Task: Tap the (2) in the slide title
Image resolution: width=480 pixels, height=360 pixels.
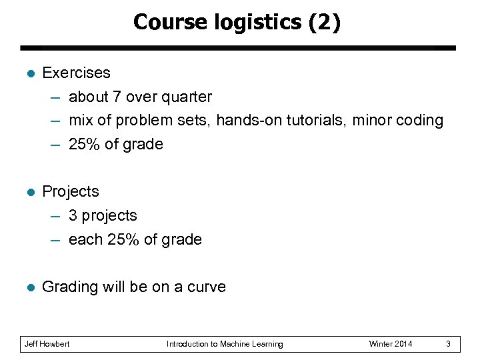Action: point(324,23)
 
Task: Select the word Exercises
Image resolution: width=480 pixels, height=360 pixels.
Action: point(76,73)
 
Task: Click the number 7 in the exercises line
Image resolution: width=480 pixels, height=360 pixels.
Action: point(117,97)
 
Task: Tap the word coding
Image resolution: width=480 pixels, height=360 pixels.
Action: point(420,121)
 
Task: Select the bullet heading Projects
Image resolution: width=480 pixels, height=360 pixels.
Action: point(70,192)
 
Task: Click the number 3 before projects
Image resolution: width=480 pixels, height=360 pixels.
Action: point(73,216)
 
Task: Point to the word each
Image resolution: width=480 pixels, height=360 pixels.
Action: point(85,240)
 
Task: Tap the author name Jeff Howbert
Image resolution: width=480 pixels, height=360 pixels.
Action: point(47,344)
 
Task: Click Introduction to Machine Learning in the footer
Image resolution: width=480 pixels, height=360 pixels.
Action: point(225,344)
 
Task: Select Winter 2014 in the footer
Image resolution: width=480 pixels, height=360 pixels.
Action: point(391,344)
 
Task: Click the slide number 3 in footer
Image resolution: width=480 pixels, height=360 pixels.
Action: point(449,344)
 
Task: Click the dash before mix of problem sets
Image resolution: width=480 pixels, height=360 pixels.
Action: point(56,121)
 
